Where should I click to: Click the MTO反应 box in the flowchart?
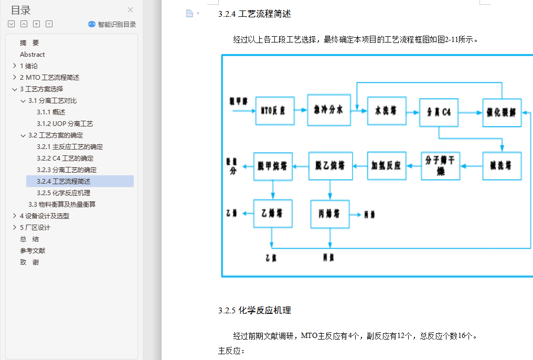click(275, 111)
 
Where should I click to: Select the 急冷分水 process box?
click(329, 110)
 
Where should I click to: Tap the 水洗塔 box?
click(387, 111)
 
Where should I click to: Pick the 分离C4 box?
click(439, 112)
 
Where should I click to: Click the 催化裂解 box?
click(502, 112)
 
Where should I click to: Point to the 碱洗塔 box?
click(502, 166)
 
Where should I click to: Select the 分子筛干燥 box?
click(441, 166)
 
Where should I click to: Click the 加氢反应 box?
click(387, 166)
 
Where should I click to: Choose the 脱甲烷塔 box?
click(273, 166)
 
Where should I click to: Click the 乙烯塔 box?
click(273, 214)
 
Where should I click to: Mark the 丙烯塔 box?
click(330, 214)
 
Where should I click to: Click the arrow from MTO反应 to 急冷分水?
click(301, 110)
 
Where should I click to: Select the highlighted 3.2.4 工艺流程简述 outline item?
click(71, 181)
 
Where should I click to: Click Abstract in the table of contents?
click(33, 54)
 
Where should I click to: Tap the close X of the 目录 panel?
click(130, 9)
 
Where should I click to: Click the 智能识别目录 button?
click(112, 24)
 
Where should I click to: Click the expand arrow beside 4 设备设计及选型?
click(14, 216)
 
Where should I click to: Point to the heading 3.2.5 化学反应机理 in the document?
click(254, 310)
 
